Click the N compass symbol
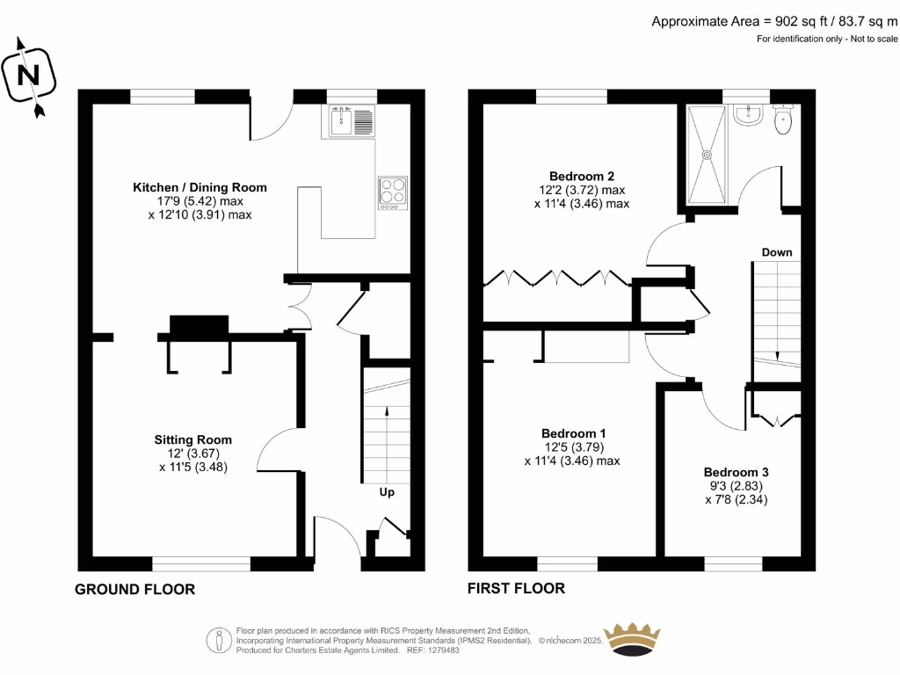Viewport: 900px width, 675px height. coord(29,76)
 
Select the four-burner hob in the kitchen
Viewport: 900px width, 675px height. coord(393,192)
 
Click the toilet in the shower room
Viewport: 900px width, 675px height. coord(783,120)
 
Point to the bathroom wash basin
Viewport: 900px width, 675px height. coord(748,115)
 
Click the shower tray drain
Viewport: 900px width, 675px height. coord(707,155)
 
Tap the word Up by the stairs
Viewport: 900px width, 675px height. coord(387,492)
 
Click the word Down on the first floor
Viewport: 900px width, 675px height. coord(777,252)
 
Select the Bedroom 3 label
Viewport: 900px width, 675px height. coord(736,472)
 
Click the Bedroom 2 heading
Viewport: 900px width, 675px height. coord(582,176)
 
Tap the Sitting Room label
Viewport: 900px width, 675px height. coord(192,440)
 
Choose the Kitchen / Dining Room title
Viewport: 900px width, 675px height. coord(200,188)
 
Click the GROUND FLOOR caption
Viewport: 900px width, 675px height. coord(134,590)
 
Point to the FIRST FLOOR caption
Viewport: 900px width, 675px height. coord(516,588)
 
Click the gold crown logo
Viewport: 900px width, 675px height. coord(633,639)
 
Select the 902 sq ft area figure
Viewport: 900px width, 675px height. coord(802,22)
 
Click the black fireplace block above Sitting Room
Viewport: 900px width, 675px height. coord(200,325)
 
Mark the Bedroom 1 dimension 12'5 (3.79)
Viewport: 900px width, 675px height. coord(574,447)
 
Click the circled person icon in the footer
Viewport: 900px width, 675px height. coord(219,640)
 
